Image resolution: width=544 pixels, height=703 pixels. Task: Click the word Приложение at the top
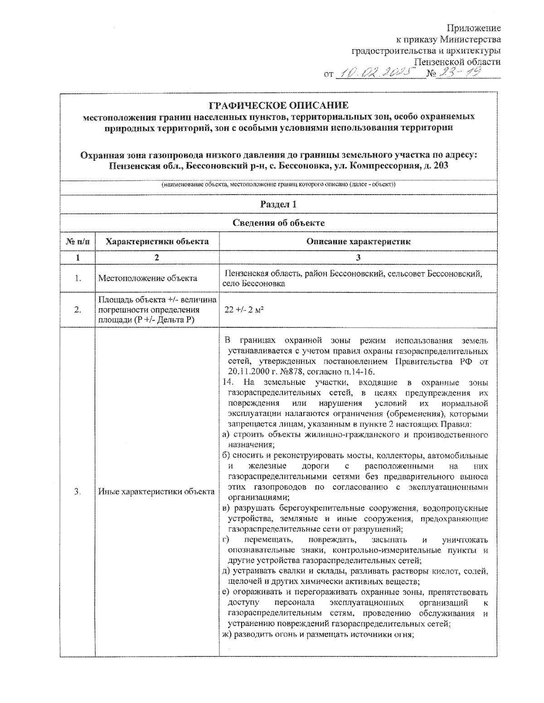(x=474, y=29)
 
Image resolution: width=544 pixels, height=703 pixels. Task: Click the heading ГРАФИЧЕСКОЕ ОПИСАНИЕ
(x=278, y=105)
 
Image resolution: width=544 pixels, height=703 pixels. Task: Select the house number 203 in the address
(x=440, y=166)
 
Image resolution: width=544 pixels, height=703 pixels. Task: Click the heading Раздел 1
(x=278, y=204)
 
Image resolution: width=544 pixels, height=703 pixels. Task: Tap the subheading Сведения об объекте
(x=278, y=223)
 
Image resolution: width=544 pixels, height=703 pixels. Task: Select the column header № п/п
(x=78, y=242)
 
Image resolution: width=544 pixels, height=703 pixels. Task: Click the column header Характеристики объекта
(x=157, y=242)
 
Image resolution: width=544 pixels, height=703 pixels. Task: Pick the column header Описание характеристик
(x=358, y=242)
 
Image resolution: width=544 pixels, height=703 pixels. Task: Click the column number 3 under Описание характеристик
(x=358, y=257)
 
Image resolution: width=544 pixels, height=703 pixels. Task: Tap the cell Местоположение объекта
(x=148, y=278)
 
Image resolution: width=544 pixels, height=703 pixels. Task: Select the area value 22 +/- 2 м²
(x=244, y=310)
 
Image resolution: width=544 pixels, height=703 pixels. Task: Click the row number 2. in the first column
(x=78, y=310)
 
